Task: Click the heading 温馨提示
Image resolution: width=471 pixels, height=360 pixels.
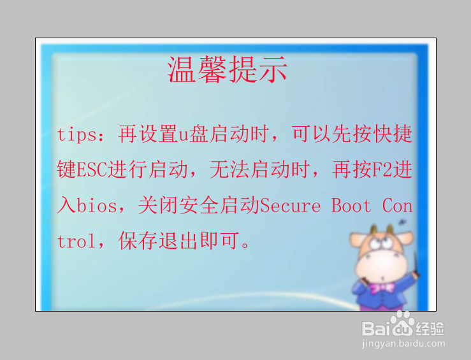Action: pos(228,69)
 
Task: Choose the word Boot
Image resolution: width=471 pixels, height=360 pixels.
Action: pos(351,206)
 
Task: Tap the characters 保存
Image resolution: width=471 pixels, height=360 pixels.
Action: pos(137,241)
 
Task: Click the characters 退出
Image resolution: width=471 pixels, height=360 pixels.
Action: pos(178,241)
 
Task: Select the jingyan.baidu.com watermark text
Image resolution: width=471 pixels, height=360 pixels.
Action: pos(403,344)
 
